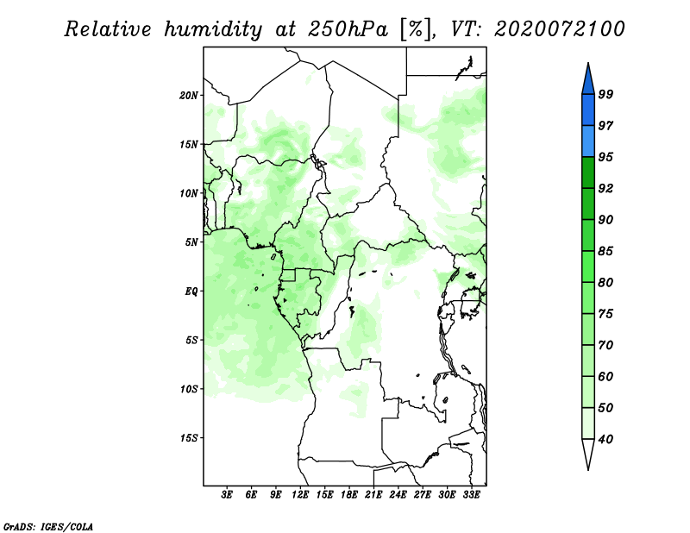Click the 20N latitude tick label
tap(189, 95)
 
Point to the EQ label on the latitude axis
tap(191, 291)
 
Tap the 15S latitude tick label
tap(189, 438)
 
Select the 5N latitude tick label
tap(191, 242)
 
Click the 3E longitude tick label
tap(227, 495)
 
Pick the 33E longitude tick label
tap(471, 495)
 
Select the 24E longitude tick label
tap(398, 495)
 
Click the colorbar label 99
tap(605, 94)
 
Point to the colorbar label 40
tap(605, 439)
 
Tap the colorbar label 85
tap(605, 251)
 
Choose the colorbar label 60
tap(605, 376)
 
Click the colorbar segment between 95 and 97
tap(588, 141)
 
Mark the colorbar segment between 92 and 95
tap(588, 172)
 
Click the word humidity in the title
tap(213, 30)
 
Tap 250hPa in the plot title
tap(348, 29)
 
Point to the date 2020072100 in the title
tap(559, 29)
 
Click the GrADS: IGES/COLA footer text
tap(48, 527)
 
